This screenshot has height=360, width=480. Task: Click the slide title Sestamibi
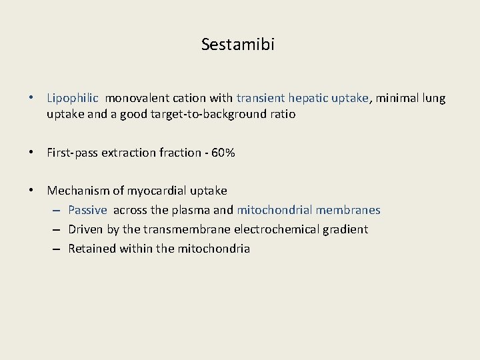(x=238, y=45)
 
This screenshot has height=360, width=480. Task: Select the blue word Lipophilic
(x=73, y=98)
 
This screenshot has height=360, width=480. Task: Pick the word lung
(x=434, y=98)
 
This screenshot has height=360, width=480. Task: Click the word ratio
(x=282, y=114)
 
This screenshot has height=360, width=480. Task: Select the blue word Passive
(x=87, y=210)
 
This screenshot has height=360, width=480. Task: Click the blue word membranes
(x=348, y=210)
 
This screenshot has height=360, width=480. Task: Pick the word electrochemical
(x=282, y=229)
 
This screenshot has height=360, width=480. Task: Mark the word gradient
(x=345, y=229)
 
